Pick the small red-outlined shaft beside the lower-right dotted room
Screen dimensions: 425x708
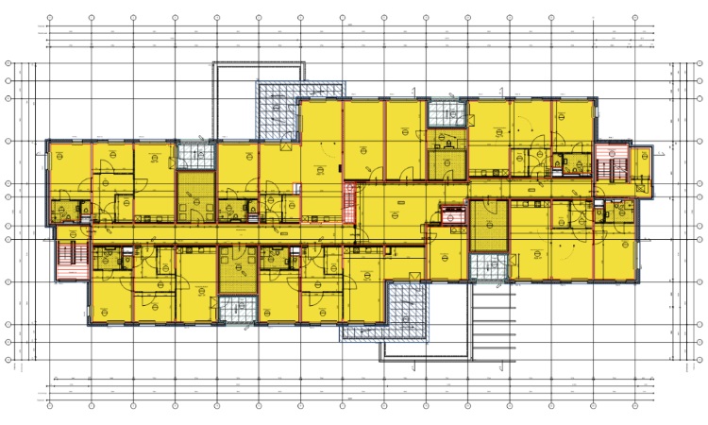coord(450,217)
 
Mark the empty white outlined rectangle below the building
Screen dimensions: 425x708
coord(426,348)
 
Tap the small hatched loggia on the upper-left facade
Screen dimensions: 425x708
coord(196,154)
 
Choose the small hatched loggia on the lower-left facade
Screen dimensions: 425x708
coord(238,308)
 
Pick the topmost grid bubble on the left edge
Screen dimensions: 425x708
coord(9,63)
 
